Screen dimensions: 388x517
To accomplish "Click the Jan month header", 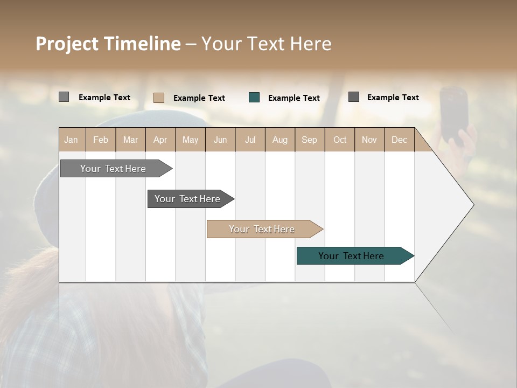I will [72, 140].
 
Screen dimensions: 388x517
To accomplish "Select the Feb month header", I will [101, 140].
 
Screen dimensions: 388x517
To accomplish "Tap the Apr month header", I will [160, 140].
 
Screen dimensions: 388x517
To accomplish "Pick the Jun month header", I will [220, 140].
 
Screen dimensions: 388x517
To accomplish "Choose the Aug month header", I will [280, 140].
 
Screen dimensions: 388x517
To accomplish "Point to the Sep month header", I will [310, 140].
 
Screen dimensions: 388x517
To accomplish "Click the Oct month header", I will [340, 140].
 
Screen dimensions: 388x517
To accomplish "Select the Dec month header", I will [400, 140].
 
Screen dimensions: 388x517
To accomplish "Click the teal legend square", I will [254, 98].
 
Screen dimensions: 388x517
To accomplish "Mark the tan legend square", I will [159, 98].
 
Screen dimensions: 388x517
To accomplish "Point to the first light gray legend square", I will [64, 97].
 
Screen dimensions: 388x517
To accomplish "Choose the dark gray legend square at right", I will [354, 97].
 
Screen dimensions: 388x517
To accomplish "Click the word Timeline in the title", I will [142, 44].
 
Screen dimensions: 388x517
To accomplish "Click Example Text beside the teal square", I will [294, 98].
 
